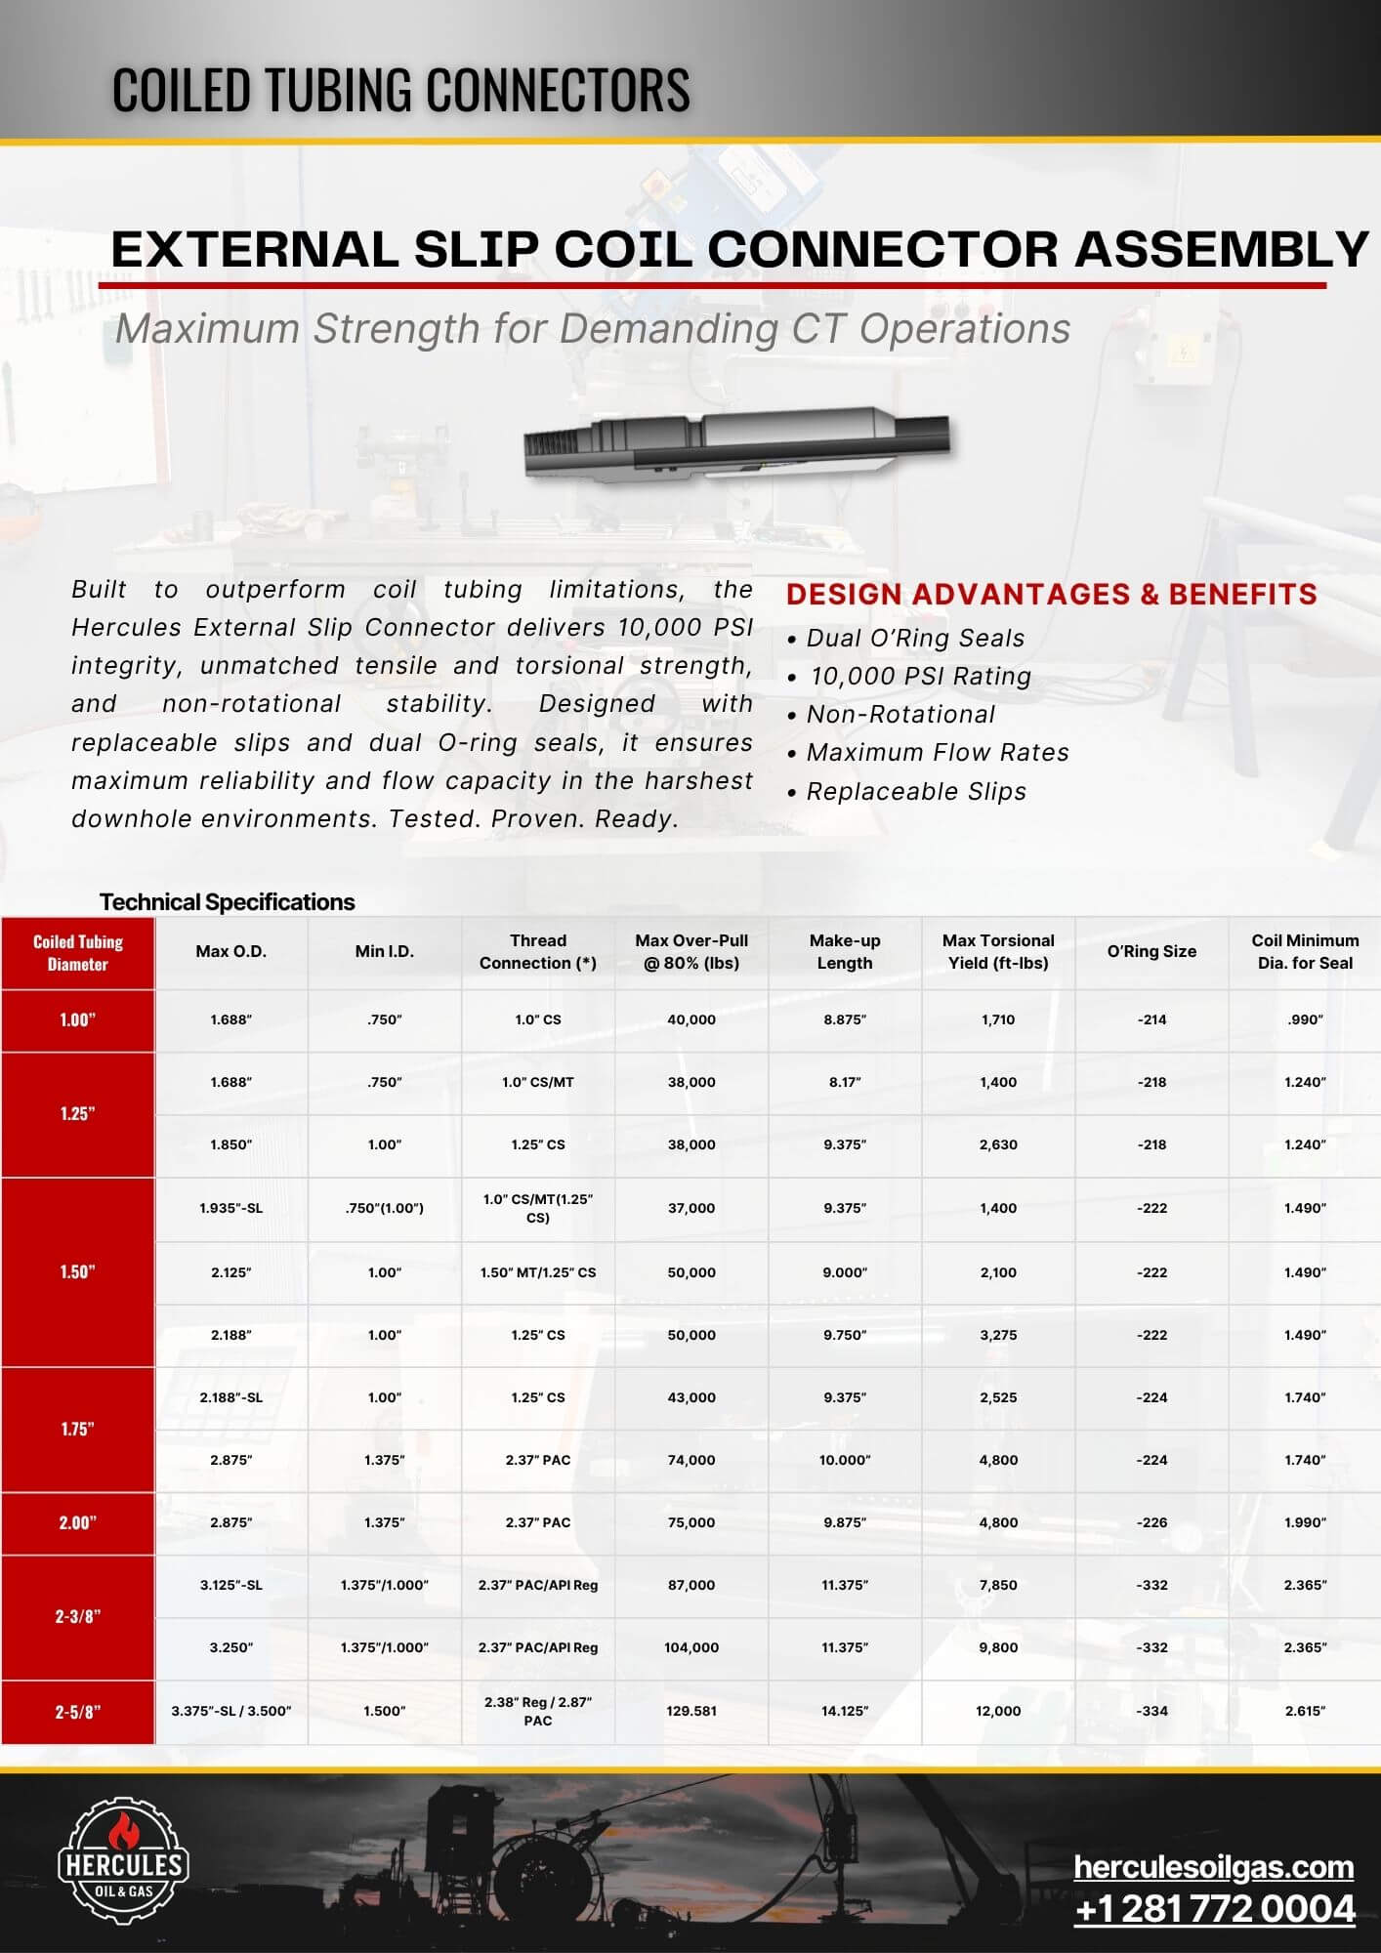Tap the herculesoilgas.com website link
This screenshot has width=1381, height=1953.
[x=1213, y=1866]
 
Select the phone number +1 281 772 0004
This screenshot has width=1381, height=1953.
[x=1214, y=1908]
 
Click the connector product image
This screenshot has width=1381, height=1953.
[x=736, y=442]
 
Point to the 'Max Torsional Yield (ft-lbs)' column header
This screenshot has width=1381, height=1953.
[x=998, y=951]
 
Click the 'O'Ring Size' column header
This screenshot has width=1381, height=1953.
[x=1151, y=951]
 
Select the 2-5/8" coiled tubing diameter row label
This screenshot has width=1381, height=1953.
[x=78, y=1711]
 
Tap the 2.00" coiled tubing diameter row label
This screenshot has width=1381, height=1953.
[x=78, y=1522]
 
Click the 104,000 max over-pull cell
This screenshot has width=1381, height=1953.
[x=691, y=1647]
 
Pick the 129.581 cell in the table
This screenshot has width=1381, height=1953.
[x=691, y=1711]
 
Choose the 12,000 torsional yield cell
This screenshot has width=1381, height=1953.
[x=998, y=1711]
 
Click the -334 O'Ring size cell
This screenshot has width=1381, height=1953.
[x=1151, y=1711]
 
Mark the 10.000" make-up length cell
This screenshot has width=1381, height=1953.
[x=845, y=1460]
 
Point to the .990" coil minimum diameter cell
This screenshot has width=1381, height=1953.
[x=1305, y=1019]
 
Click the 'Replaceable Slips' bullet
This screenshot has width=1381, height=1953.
[x=916, y=791]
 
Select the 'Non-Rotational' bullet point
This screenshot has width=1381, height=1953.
[x=900, y=714]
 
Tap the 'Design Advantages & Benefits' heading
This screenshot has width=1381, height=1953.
[x=1051, y=594]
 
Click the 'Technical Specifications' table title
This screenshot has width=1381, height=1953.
[x=227, y=901]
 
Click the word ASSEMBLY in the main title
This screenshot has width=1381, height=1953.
[x=1221, y=249]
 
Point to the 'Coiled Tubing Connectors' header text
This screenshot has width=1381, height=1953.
[x=400, y=89]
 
